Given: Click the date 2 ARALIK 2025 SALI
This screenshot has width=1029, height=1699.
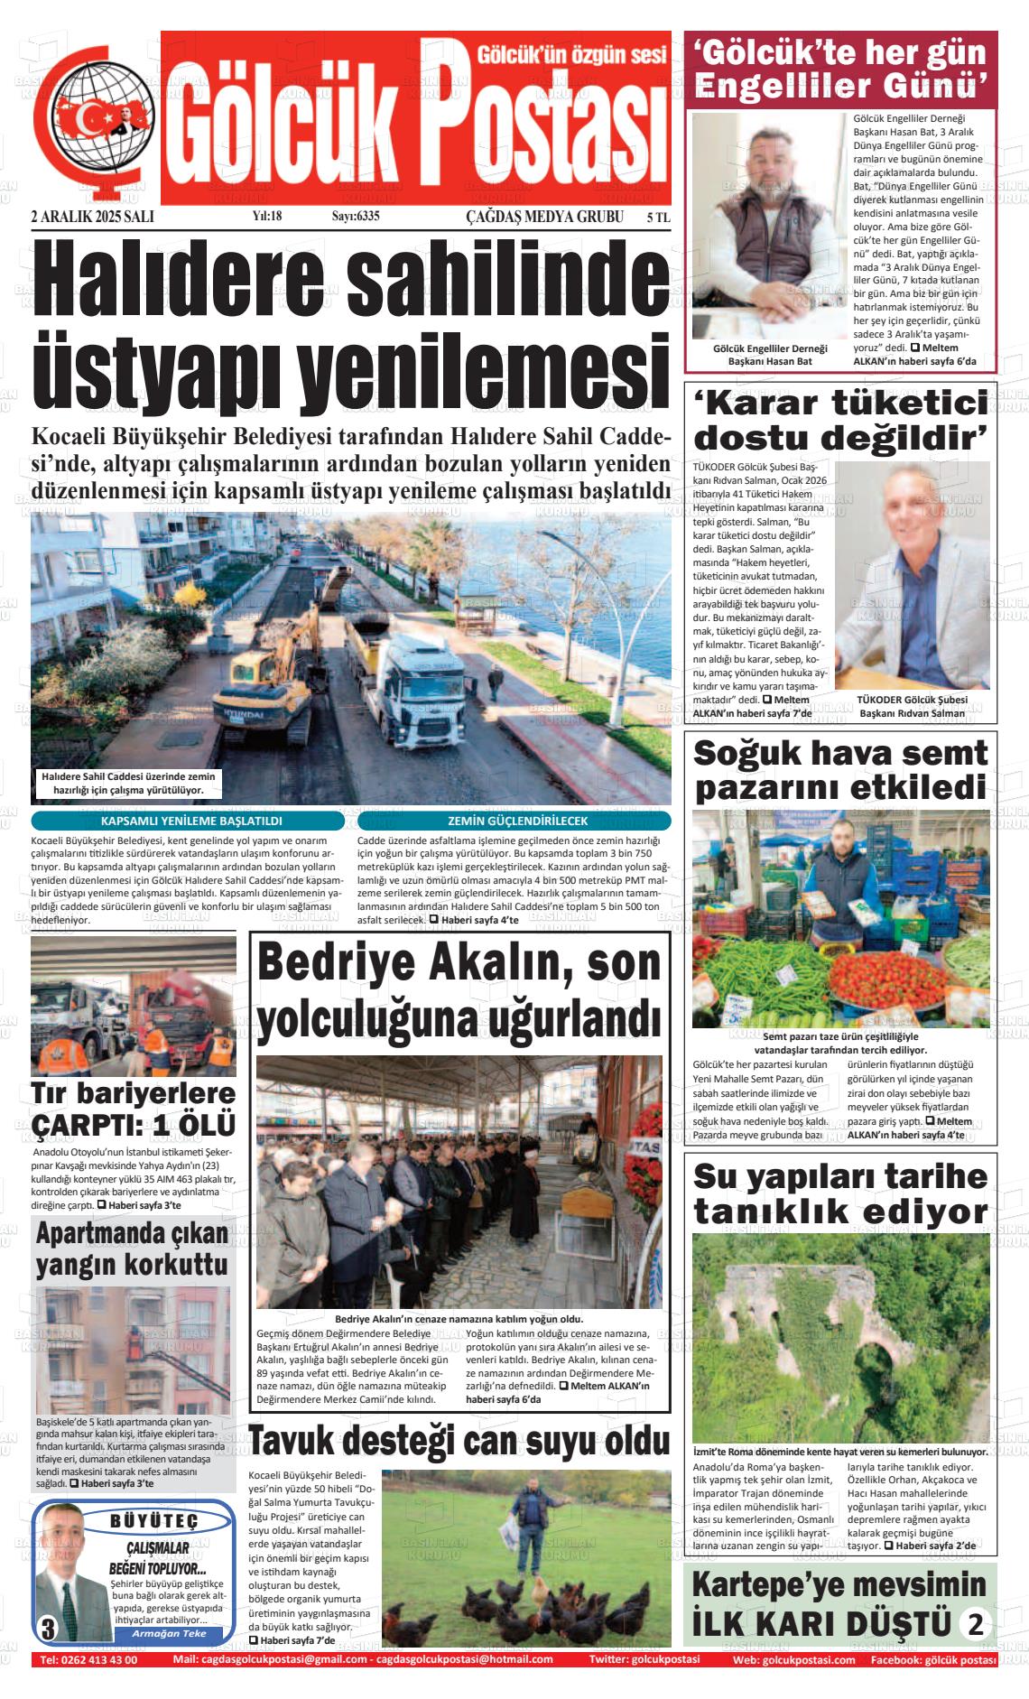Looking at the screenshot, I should tap(92, 217).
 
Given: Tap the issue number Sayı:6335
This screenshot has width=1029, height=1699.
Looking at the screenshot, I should tap(355, 217).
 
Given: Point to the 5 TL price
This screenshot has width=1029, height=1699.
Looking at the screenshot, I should tap(658, 218).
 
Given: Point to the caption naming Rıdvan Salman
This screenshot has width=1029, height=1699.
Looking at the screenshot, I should tap(912, 706).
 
